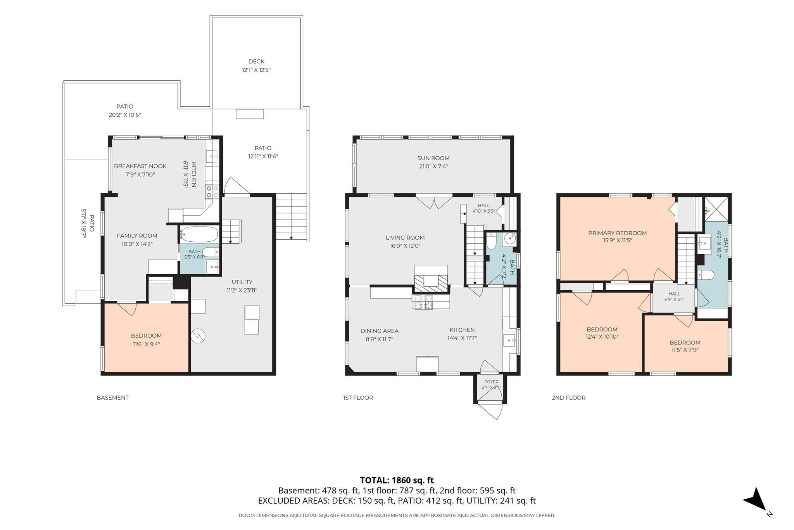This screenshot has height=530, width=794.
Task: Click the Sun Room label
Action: coord(433,158)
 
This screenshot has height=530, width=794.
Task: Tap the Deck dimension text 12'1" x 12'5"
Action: coord(256,70)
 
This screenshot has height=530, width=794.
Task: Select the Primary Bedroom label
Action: coord(617,233)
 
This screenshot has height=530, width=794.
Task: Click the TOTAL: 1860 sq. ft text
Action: coord(397,480)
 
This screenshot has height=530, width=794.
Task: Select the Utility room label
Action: coord(242,282)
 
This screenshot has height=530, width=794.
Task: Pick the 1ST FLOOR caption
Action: coord(358,398)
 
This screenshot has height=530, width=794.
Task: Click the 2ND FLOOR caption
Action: coord(569,398)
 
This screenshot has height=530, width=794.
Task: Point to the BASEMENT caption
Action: coord(112,398)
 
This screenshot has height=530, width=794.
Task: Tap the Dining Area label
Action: coord(380,331)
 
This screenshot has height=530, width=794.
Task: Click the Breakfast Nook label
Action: coord(140,166)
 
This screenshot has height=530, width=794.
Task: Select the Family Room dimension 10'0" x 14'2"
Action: coord(137,244)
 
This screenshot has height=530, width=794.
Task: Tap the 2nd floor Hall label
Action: coord(674,294)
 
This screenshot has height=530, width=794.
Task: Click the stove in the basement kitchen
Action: coord(212,192)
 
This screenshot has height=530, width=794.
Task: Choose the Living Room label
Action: coord(405,238)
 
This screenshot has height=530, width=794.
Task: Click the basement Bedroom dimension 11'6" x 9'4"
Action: coord(146,344)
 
